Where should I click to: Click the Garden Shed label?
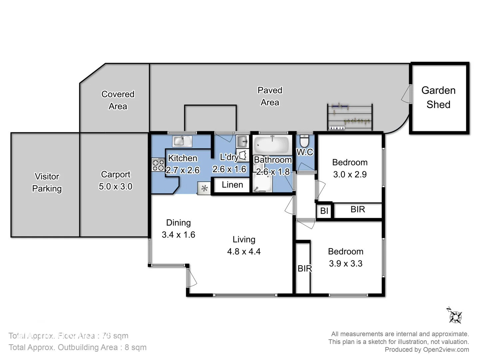438,97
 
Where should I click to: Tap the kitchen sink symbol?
182,141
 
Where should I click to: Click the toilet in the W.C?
304,141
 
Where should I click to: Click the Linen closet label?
232,185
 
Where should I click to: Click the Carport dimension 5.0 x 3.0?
115,187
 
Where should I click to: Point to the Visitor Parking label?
47,182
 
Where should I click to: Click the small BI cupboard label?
324,211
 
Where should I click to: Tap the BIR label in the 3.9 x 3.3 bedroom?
304,269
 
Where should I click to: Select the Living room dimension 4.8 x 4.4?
244,252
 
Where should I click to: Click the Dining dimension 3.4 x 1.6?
178,235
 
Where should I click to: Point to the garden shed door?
406,94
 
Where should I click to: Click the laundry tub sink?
242,141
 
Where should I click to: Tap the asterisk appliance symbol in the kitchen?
204,189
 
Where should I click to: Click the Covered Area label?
118,100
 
